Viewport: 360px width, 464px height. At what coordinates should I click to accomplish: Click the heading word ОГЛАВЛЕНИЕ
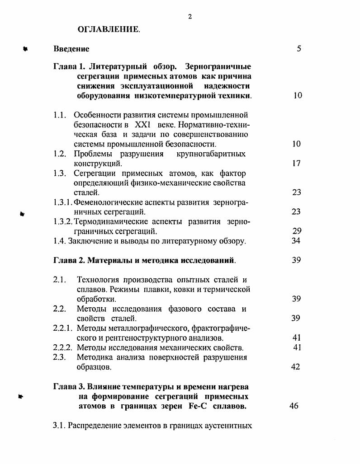click(109, 30)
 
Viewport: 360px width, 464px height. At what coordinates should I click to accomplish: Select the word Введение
click(71, 49)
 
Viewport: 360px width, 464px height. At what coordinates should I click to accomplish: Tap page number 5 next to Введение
click(299, 49)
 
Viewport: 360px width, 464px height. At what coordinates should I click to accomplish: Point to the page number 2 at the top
click(190, 17)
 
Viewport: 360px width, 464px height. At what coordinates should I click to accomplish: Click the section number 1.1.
click(60, 115)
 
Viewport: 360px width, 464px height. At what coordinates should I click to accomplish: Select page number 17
click(296, 164)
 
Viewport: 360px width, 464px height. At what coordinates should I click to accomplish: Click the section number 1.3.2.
click(63, 221)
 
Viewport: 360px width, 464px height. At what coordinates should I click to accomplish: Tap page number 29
click(296, 231)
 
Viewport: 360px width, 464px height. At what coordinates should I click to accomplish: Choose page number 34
click(296, 241)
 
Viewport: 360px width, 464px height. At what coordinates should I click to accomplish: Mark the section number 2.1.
click(60, 280)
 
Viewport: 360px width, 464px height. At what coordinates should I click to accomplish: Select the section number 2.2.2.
click(63, 347)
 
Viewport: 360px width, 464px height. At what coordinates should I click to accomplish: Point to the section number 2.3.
click(60, 357)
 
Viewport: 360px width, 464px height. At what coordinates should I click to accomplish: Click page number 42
click(296, 367)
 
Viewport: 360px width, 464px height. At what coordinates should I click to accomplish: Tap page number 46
click(294, 406)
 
